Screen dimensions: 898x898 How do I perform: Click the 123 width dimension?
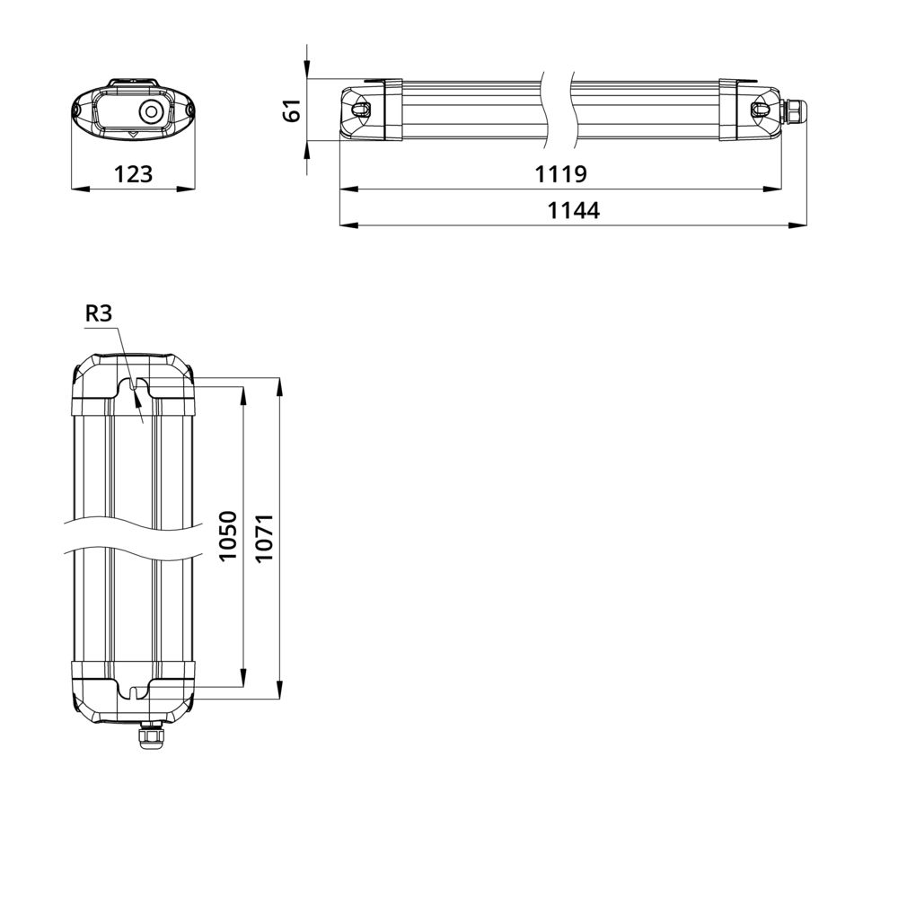(x=134, y=173)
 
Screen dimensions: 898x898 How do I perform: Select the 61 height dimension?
(x=292, y=110)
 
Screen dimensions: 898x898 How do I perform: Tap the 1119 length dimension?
(x=560, y=173)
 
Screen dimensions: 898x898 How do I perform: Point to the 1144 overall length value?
(x=574, y=210)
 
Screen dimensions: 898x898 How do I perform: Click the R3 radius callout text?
(x=99, y=313)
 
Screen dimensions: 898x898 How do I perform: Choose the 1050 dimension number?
(x=228, y=536)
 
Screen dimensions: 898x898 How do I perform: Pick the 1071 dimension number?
(x=265, y=538)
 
